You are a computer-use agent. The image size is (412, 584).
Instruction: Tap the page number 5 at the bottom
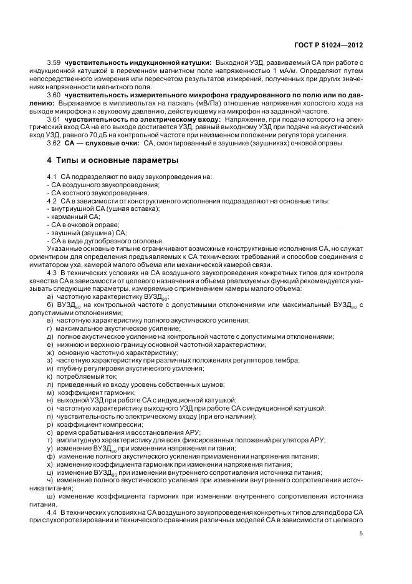(x=362, y=533)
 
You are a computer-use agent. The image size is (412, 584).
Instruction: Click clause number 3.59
(x=54, y=63)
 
